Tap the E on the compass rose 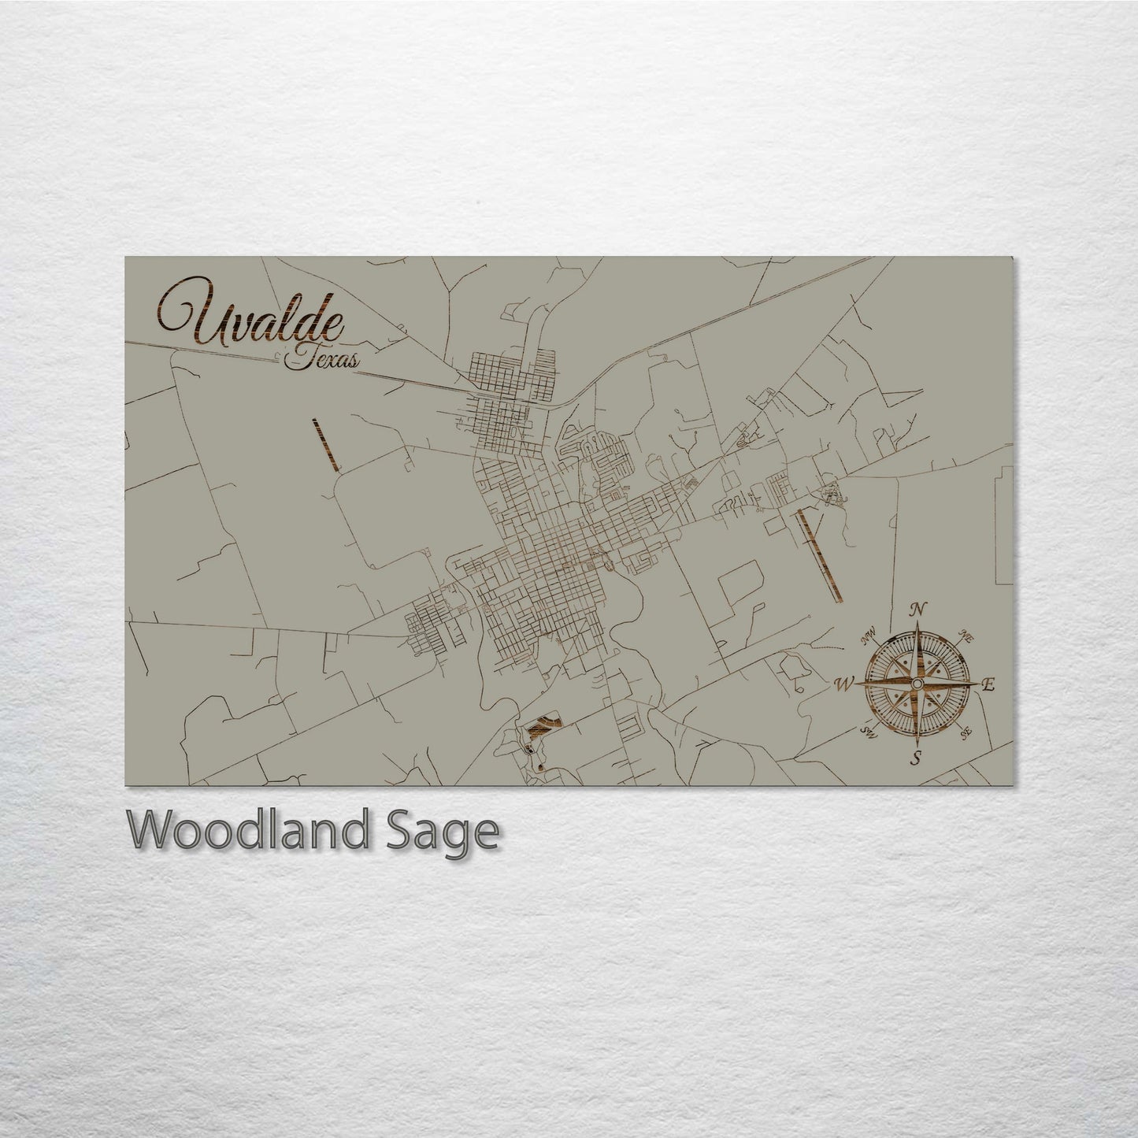990,685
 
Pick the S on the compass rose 916,759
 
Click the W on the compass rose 843,684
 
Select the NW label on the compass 870,639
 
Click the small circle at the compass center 916,684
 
